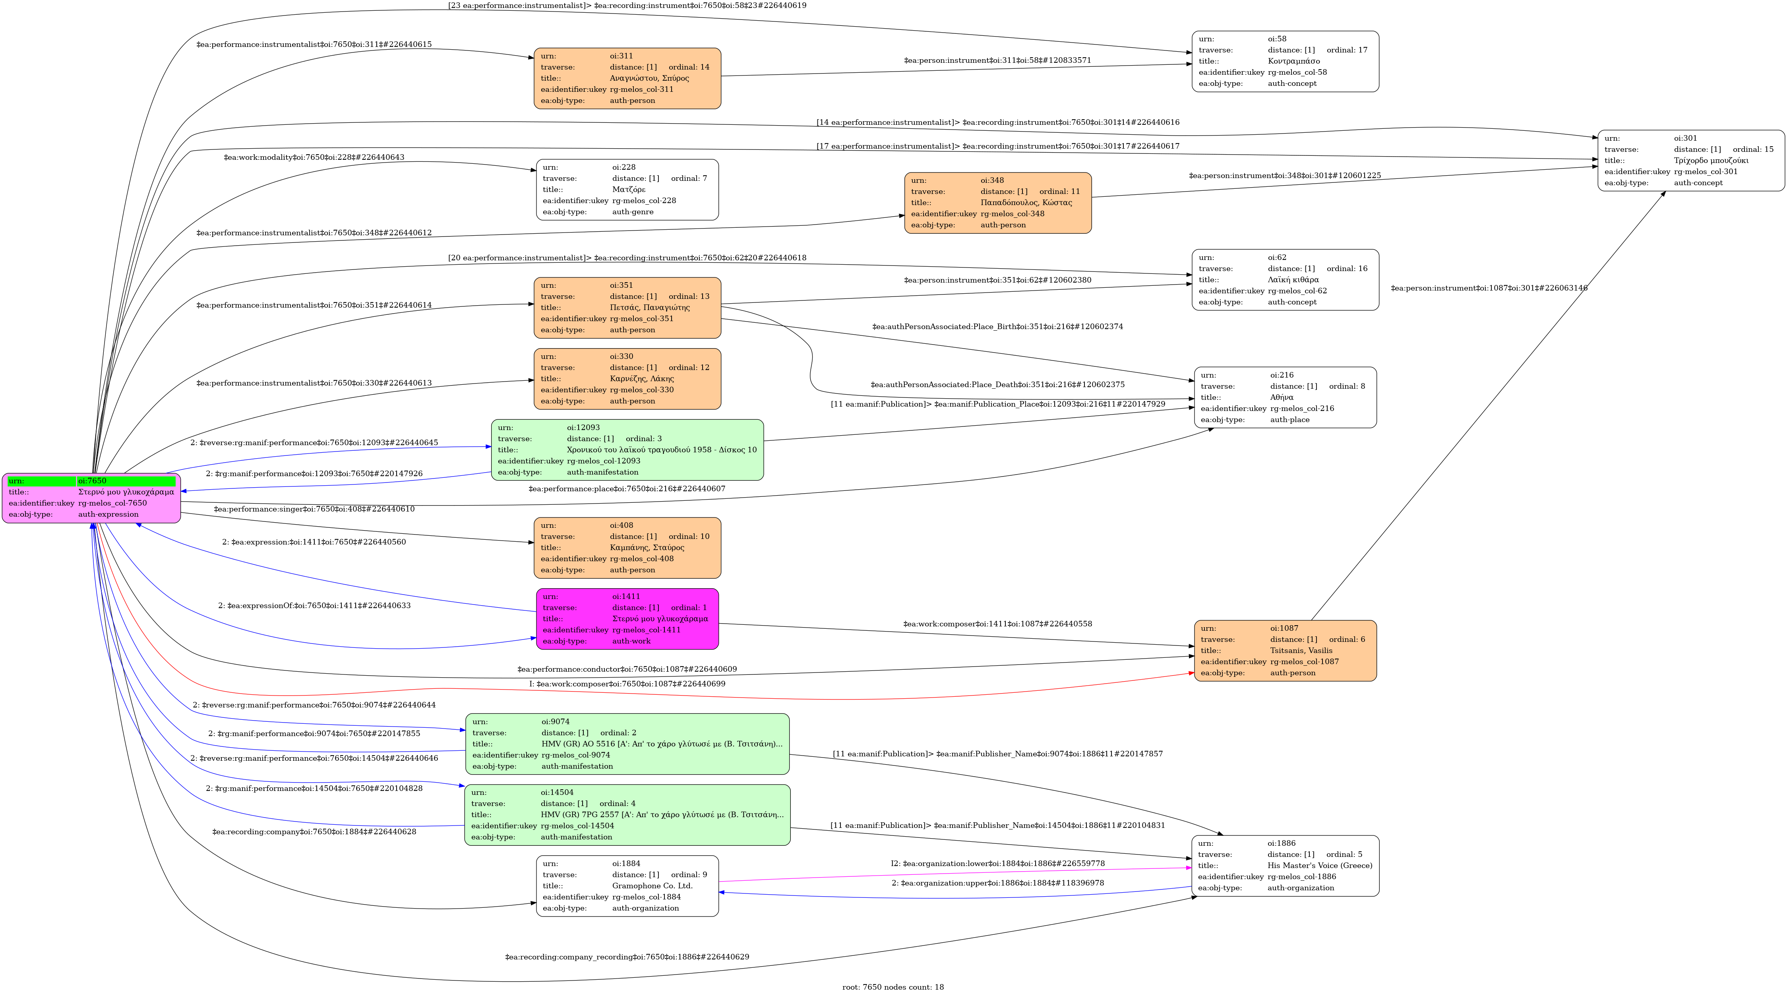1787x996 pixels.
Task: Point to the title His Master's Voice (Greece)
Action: (1319, 866)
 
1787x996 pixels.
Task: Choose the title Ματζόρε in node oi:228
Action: (629, 189)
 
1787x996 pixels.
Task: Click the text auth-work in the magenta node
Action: (631, 641)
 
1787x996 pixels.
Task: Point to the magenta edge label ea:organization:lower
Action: (997, 864)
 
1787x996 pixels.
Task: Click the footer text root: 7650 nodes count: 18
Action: (893, 987)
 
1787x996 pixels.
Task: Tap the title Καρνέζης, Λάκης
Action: (642, 379)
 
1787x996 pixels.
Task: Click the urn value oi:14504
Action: (557, 792)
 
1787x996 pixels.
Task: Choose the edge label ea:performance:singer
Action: (314, 509)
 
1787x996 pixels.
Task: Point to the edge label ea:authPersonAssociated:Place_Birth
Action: (997, 327)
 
